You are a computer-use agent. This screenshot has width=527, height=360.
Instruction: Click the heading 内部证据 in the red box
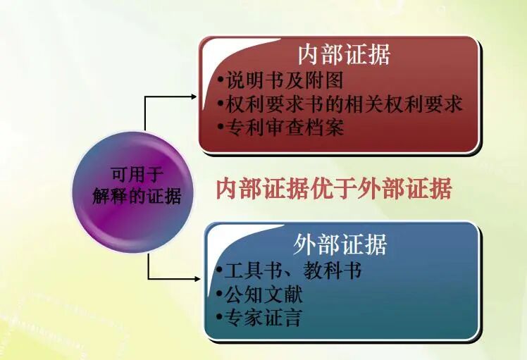point(343,54)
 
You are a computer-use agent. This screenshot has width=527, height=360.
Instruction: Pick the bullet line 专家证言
point(261,318)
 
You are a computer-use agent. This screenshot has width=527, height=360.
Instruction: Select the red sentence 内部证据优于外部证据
point(333,189)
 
